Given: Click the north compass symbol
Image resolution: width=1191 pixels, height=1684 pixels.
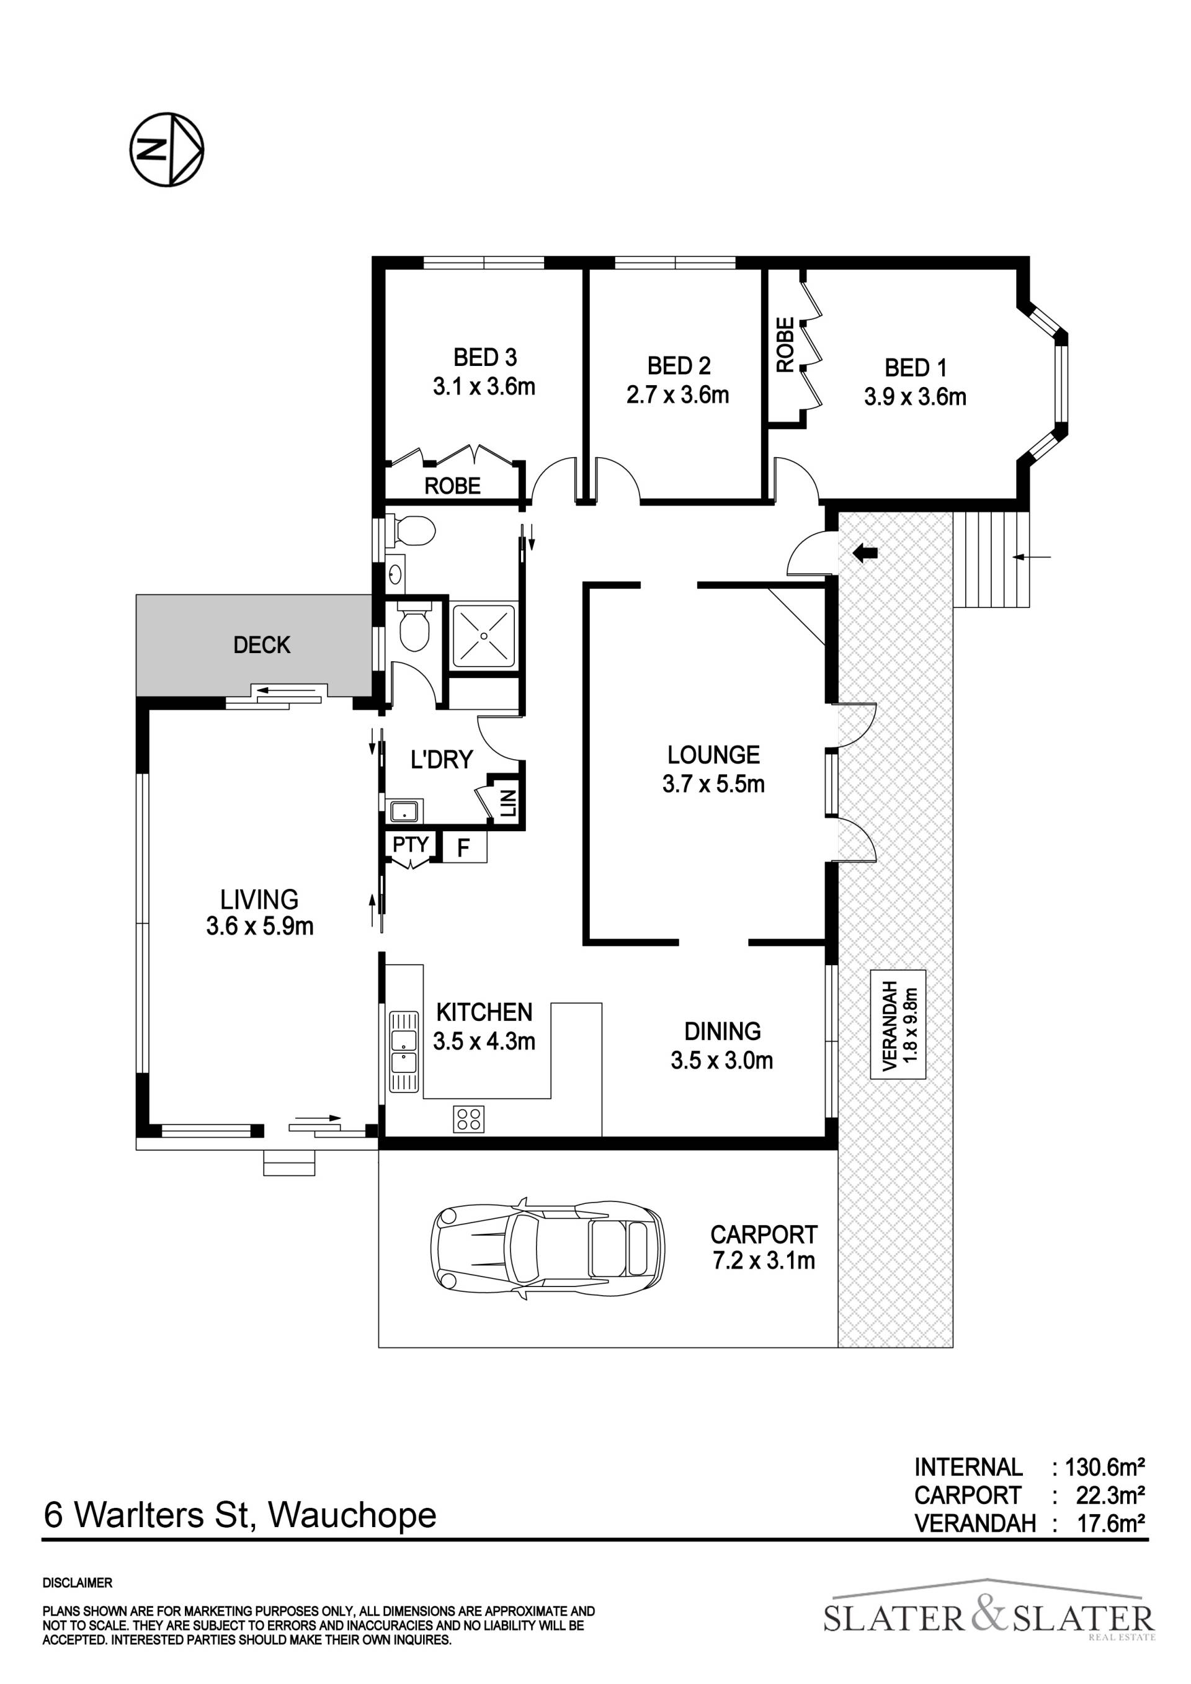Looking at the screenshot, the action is coord(166,149).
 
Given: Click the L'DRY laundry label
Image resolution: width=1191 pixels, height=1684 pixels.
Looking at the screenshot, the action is coord(442,759).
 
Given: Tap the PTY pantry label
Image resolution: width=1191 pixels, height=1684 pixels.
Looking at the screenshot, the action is coord(410,844).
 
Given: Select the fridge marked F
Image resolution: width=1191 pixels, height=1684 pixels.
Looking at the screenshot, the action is coord(464,848).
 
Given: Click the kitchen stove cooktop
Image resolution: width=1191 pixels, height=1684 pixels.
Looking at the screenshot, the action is coord(468,1118).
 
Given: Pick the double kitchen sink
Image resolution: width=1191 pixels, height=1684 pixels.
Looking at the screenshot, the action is coord(404,1053).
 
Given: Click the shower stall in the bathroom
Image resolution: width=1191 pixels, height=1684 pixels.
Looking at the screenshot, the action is coord(483,635).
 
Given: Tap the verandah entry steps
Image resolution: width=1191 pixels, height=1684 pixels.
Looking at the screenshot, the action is coord(991,559).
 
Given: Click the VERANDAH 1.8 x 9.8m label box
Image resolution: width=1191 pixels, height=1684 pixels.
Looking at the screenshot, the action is coord(898,1025).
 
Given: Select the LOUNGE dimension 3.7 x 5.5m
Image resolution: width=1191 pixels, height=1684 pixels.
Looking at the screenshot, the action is coord(713,784).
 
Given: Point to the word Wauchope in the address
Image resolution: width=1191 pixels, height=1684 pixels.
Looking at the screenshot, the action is coord(353,1515).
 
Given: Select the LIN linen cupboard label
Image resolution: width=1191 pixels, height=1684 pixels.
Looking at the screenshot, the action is coord(508,804).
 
